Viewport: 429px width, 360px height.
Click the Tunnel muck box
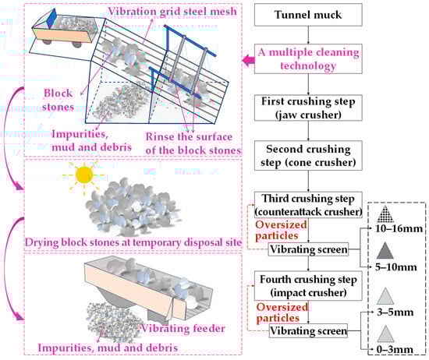308,15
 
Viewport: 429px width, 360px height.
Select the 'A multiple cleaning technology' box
308,58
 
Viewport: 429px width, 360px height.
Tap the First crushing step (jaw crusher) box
308,108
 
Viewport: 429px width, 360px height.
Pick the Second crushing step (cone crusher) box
308,156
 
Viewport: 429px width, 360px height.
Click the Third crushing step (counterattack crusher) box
308,205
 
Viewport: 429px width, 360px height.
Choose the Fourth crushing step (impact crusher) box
308,286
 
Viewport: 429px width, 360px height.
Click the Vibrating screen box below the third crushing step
308,249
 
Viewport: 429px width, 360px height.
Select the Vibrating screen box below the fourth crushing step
308,330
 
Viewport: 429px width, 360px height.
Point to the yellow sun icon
84,175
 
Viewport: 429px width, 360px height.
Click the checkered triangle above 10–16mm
385,214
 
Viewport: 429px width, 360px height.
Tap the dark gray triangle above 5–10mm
385,251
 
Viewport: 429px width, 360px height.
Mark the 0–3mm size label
395,349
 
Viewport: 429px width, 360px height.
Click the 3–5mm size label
395,312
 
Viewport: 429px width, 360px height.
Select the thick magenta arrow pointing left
249,60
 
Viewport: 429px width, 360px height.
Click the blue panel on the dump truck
51,19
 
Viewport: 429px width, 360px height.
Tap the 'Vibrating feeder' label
183,328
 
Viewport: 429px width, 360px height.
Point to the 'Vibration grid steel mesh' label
172,12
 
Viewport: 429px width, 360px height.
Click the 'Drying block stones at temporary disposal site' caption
133,242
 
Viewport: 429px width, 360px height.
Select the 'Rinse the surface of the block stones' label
193,143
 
